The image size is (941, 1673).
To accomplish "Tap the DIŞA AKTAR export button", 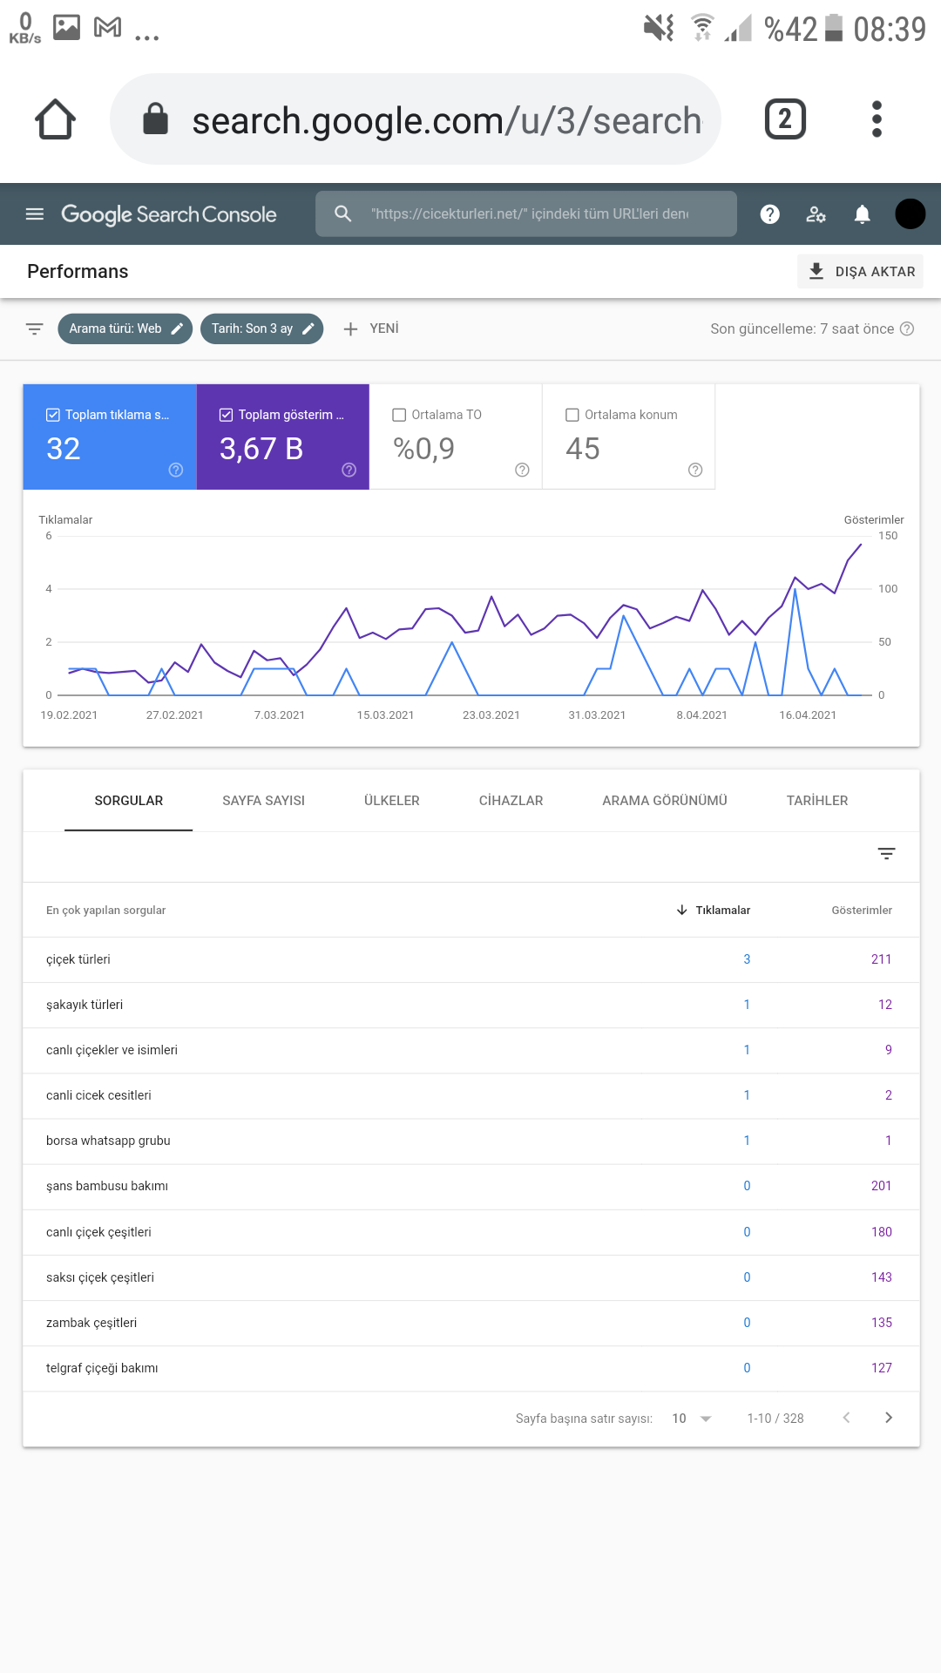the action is [860, 271].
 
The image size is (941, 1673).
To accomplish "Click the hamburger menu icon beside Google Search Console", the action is [35, 214].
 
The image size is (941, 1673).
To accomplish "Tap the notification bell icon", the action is [862, 214].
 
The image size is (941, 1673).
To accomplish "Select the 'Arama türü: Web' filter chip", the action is [125, 329].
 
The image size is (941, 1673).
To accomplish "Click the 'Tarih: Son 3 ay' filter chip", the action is [262, 329].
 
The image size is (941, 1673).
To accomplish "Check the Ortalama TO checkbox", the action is [399, 415].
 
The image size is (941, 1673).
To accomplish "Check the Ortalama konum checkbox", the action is [572, 415].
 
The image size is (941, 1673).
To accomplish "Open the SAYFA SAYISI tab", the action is [263, 801].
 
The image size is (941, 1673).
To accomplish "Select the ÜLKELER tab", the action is [392, 801].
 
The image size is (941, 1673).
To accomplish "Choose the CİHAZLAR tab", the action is [511, 801].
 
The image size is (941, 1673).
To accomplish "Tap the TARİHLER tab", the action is [817, 801].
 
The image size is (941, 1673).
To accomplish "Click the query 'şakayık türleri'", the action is [85, 1005].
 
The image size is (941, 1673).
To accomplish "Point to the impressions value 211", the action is [881, 959].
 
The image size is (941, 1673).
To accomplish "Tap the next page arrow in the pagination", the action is [888, 1418].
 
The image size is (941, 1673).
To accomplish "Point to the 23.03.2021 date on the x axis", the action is [491, 715].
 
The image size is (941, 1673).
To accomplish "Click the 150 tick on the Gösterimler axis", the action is [888, 536].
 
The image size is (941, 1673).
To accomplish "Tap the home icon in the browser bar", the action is [55, 119].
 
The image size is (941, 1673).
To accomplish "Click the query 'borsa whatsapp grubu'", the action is [108, 1141].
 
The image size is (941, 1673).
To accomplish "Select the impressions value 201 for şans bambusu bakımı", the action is [881, 1186].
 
